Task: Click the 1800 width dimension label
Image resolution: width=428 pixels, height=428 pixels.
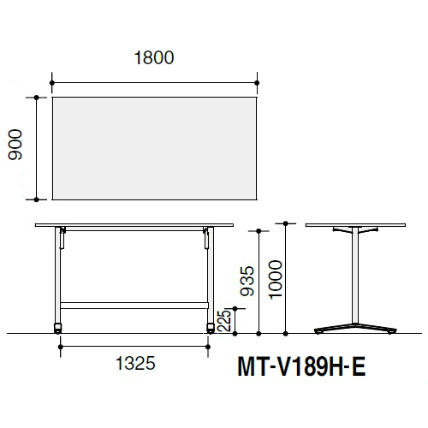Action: point(154,58)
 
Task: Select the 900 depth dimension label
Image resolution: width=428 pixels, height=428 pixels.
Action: point(15,145)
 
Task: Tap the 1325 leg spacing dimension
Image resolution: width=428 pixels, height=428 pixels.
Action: point(135,363)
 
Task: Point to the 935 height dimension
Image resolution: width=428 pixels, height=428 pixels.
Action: point(247,281)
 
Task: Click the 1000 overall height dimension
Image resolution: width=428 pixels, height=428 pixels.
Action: point(276,280)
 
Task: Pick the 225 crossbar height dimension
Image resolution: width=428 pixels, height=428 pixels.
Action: point(224,320)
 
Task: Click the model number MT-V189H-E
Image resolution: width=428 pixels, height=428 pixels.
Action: point(301,367)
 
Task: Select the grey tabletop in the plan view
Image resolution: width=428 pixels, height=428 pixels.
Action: point(154,148)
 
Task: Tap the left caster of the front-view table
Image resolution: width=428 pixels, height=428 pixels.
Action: point(57,328)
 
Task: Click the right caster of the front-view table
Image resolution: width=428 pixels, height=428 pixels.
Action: point(211,328)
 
